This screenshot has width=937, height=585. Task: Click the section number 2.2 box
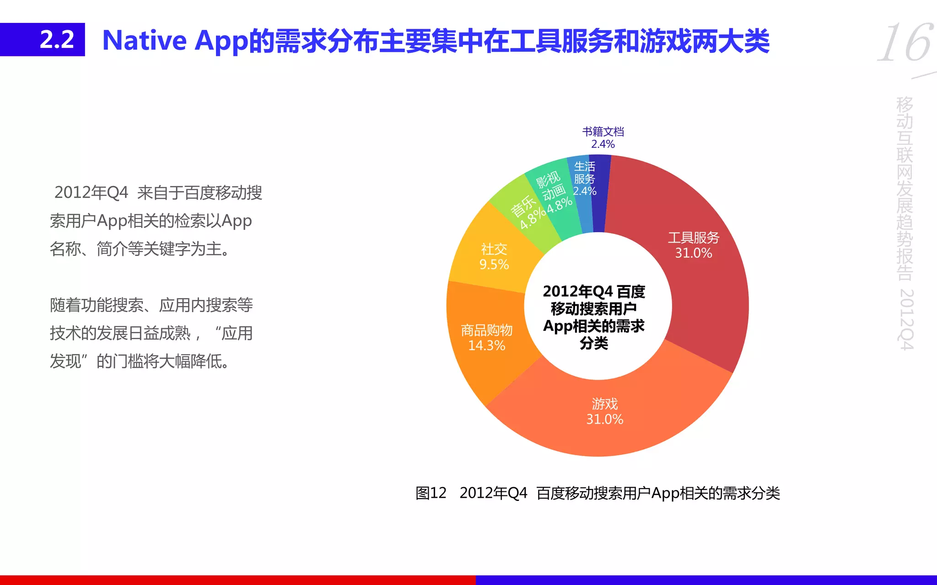tap(43, 40)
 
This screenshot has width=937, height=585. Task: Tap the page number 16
tap(905, 43)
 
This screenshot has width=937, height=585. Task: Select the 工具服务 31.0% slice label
tap(693, 245)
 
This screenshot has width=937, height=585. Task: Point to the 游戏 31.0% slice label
tap(604, 411)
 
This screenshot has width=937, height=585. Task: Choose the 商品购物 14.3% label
tap(486, 338)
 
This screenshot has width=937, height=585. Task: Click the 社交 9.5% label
tap(494, 256)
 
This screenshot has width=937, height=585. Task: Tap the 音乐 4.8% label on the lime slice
tap(527, 212)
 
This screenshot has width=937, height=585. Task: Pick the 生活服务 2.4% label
tap(584, 179)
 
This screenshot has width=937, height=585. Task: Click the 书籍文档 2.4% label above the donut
tap(603, 138)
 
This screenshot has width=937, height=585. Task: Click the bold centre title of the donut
tap(593, 317)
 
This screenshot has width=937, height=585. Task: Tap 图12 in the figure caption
tap(431, 493)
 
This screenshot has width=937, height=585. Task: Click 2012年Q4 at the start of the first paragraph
tap(91, 193)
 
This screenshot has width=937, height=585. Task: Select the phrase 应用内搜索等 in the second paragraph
tap(206, 305)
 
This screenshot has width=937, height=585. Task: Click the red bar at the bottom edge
tap(238, 580)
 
